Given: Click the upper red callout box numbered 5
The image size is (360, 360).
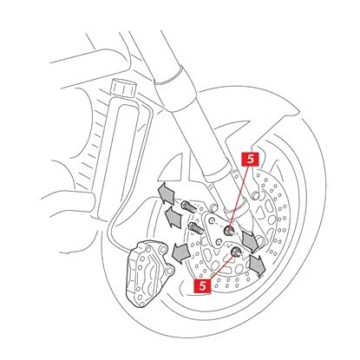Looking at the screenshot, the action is tap(250, 159).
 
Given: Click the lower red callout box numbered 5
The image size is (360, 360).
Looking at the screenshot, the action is tap(203, 285).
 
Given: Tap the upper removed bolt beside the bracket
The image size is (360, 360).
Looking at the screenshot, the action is tap(189, 206).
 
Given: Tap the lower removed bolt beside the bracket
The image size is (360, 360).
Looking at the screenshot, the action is tap(196, 228).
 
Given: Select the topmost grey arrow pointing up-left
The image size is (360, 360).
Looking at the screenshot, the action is tap(167, 193).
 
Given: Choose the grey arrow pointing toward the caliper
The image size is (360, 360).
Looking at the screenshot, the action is tap(180, 252).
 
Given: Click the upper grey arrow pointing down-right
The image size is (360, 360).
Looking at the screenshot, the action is tap(250, 241).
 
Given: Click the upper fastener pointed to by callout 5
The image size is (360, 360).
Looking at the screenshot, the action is tap(229, 230).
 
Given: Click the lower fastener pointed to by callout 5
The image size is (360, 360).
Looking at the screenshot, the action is tap(236, 252).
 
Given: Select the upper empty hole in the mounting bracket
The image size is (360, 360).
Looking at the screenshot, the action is tap(213, 221).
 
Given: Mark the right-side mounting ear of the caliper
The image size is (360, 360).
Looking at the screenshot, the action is tap(170, 271).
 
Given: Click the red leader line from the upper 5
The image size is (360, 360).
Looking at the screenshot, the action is tap(239, 198).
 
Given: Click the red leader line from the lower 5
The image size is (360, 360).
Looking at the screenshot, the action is tap(222, 265).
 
